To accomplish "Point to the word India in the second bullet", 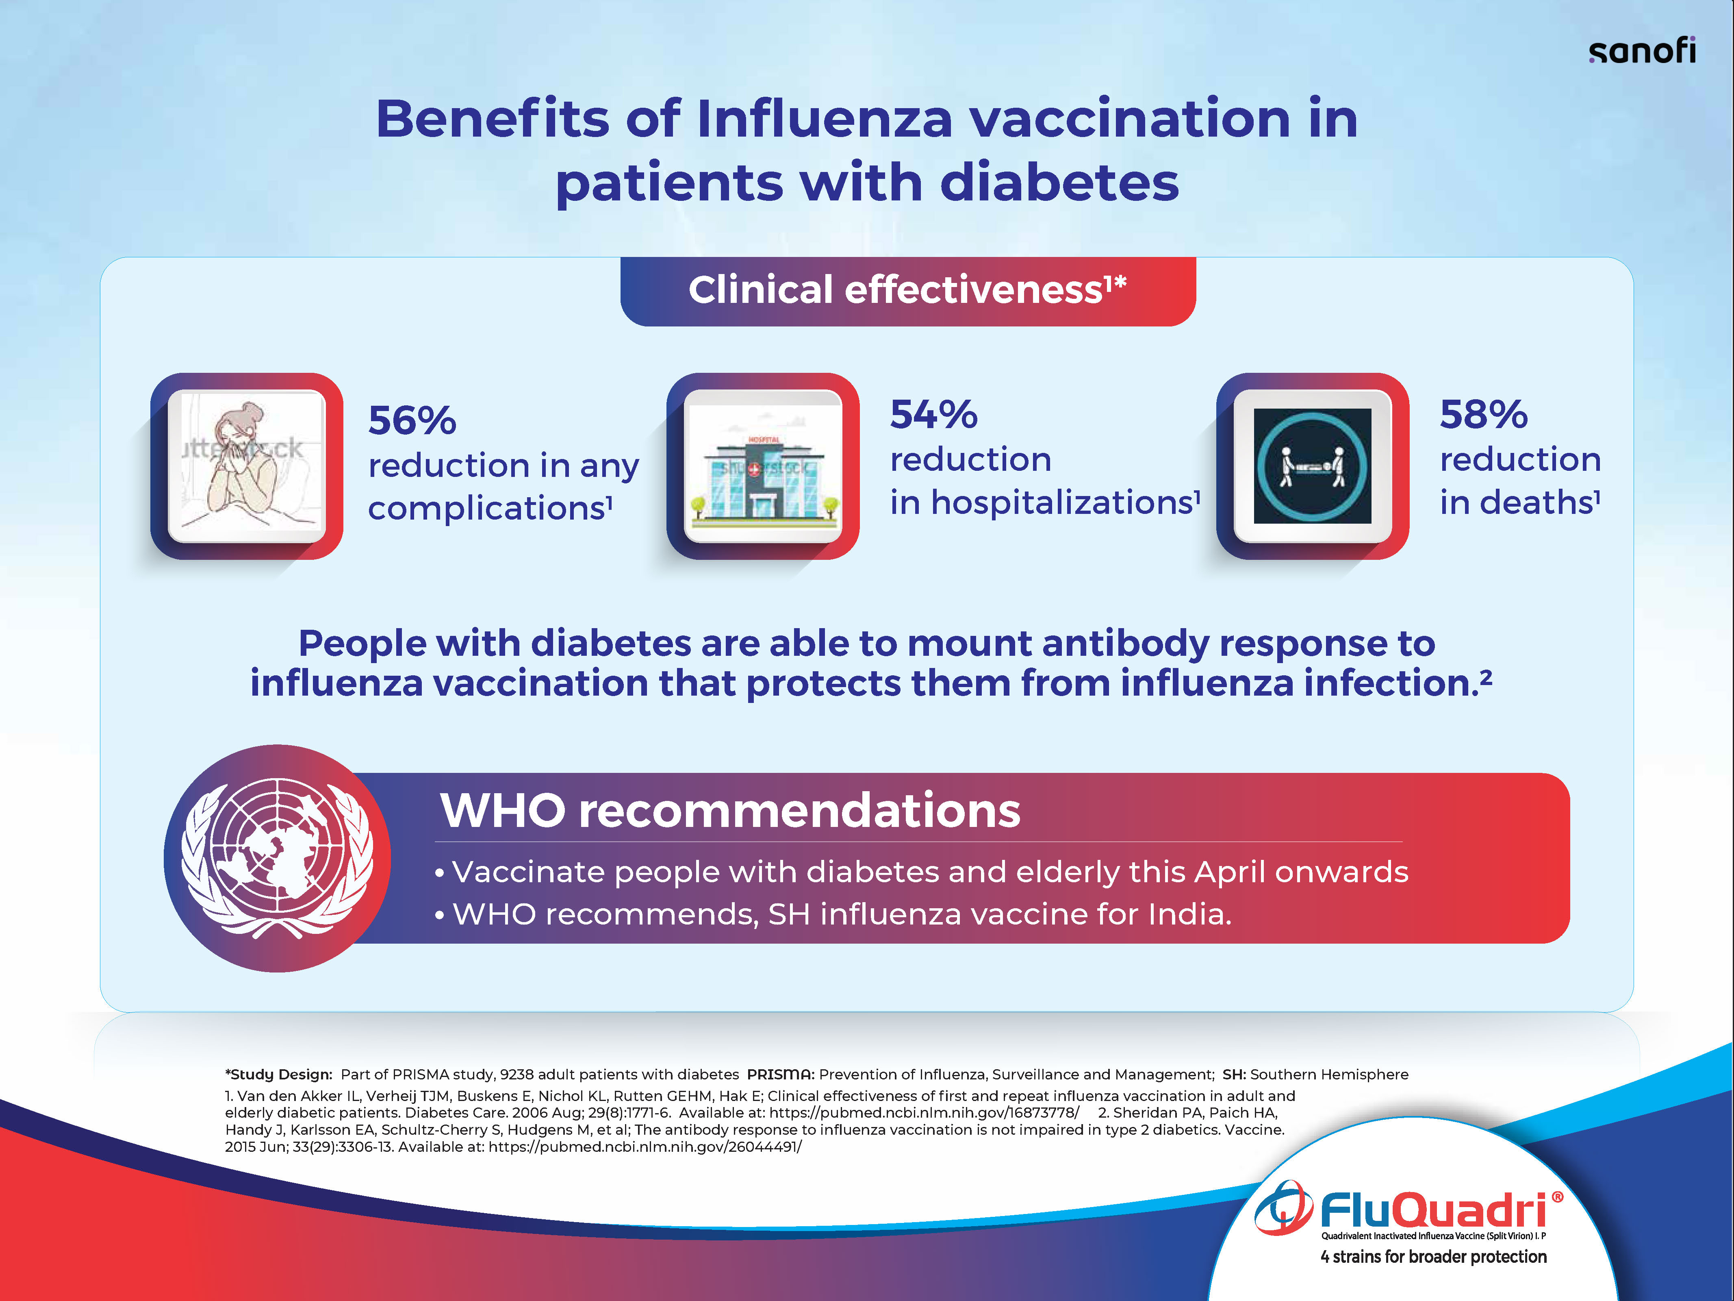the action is tap(1190, 914).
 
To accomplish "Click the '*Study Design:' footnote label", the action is tap(279, 1075).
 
